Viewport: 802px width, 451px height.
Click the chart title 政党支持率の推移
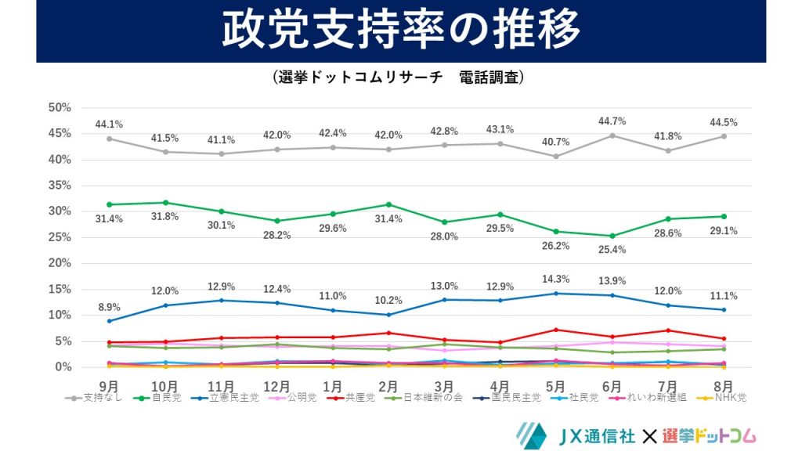[400, 31]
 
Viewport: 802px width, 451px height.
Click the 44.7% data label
[612, 121]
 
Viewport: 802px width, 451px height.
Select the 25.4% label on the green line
[612, 250]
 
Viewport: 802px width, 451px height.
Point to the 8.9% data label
[109, 306]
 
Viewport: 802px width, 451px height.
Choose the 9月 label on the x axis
[109, 385]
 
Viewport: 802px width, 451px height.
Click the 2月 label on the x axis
[388, 385]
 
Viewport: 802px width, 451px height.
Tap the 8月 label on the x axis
[724, 385]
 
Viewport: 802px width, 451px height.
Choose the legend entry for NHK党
[725, 398]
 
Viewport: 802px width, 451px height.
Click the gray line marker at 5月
[556, 156]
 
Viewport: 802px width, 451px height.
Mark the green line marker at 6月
[612, 236]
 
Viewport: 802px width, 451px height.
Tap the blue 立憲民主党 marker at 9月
[109, 321]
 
